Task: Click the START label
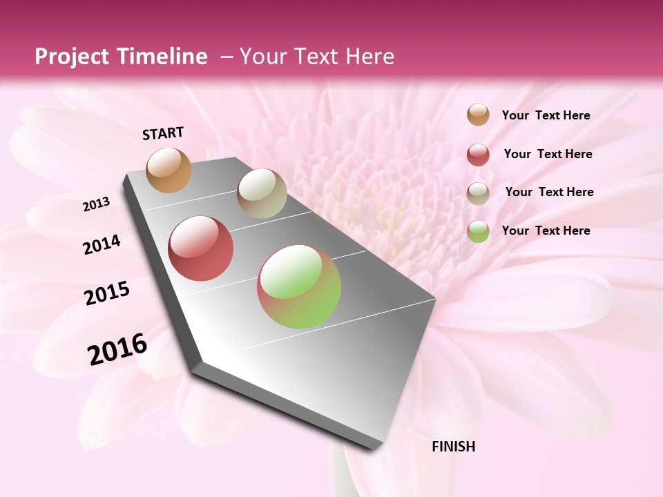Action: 163,133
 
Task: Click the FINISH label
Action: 453,447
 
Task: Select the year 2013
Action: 97,204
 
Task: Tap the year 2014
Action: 102,245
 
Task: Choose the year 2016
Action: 117,349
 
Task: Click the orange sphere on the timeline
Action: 169,170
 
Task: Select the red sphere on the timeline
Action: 201,248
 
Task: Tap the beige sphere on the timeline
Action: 262,193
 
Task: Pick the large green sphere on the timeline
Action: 299,286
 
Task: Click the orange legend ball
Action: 478,115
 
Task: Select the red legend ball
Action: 478,155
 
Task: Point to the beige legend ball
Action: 478,193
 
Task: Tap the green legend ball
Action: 478,231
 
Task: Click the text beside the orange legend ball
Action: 546,115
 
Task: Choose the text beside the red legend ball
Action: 548,154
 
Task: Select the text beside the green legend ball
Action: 546,231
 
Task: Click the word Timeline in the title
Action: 163,57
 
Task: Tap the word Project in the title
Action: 70,57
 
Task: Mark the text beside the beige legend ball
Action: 549,192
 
